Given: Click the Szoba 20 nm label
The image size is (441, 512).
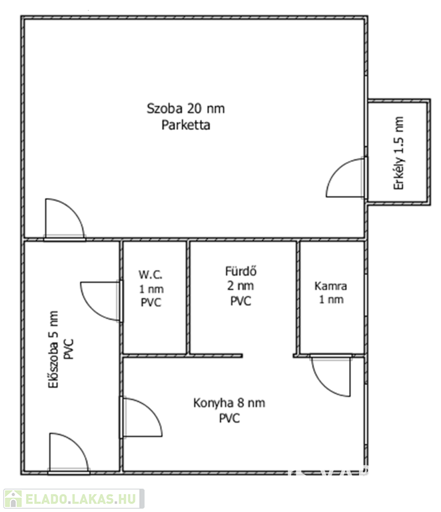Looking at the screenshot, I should (x=190, y=109).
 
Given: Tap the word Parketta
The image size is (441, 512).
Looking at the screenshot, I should (x=186, y=125).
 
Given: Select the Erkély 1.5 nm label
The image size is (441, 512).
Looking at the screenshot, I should (x=399, y=154).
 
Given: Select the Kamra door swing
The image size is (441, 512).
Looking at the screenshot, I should (x=330, y=375).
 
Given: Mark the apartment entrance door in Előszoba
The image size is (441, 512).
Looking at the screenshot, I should (x=68, y=453).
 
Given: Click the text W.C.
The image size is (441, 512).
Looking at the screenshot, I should (x=151, y=275).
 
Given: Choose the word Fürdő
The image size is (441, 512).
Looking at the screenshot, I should (x=240, y=271).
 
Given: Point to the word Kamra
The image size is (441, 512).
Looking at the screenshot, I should (x=330, y=286).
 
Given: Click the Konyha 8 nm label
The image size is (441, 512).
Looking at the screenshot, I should (x=229, y=403).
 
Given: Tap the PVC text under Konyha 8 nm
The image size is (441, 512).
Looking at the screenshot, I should (x=229, y=419).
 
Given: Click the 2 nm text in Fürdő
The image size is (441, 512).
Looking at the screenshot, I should (x=240, y=286).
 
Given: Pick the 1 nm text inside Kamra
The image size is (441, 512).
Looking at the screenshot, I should (x=330, y=301).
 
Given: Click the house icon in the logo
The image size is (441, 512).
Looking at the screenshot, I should (x=13, y=499).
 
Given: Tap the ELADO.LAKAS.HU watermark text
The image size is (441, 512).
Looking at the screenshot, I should (x=82, y=499).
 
